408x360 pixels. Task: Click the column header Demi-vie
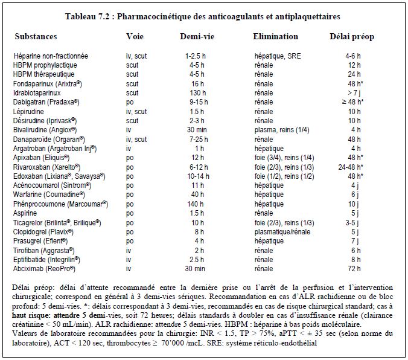coord(197,36)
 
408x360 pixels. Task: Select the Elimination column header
coord(276,36)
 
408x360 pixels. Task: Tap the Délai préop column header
coord(352,37)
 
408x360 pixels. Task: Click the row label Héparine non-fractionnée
coord(51,56)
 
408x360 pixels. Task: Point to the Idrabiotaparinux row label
coord(37,93)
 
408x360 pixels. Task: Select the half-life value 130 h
coord(198,93)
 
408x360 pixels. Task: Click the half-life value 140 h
coord(196,204)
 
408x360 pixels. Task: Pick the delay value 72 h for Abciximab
coord(354,269)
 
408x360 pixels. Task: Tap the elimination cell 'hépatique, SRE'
coord(278,56)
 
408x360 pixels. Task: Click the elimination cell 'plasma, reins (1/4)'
coord(282,130)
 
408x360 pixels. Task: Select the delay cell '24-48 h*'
coord(351,167)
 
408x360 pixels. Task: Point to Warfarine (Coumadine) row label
coord(49,194)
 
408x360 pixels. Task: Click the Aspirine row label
coord(25,213)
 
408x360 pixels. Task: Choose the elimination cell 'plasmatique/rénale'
coord(282,232)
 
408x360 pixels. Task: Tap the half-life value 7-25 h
coord(199,140)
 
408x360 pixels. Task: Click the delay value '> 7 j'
coord(354,93)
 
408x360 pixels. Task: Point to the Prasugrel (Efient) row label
coord(40,241)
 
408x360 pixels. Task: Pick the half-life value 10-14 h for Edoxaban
coord(199,176)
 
